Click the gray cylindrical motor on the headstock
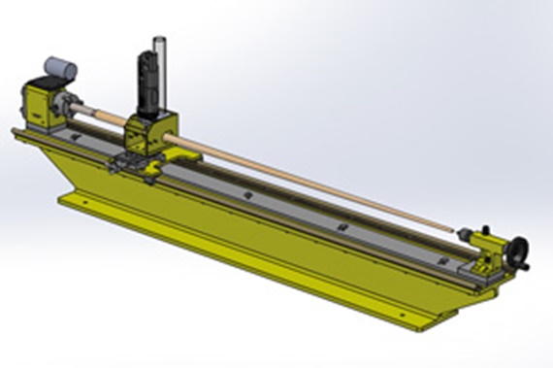tap(59, 69)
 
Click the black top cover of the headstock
tap(44, 85)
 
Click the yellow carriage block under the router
tap(155, 135)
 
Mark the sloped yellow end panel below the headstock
tap(58, 170)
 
